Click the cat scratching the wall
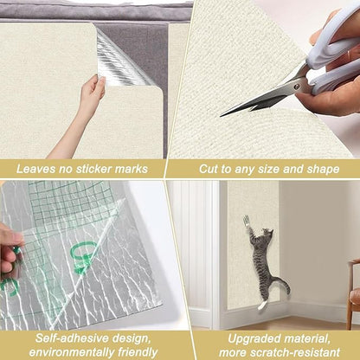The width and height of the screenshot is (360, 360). [x=260, y=260]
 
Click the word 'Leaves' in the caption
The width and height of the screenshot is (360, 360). [x=39, y=169]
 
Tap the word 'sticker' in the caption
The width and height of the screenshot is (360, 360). [x=106, y=169]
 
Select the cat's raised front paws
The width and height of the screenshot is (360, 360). [x=247, y=226]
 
